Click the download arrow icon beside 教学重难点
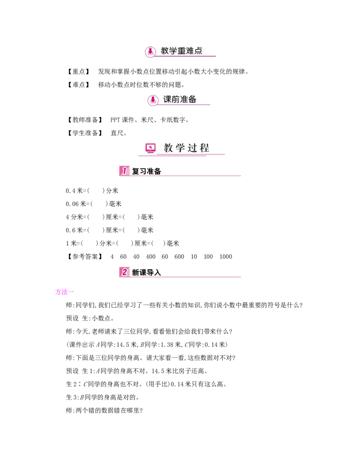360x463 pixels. coord(151,52)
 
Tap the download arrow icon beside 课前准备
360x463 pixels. coord(153,100)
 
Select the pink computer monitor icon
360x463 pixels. coord(150,148)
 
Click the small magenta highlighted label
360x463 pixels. coord(64,292)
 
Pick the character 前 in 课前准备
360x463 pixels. coord(175,99)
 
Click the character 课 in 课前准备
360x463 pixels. coord(167,99)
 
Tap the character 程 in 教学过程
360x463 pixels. coord(205,148)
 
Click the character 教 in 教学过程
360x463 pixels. coord(168,148)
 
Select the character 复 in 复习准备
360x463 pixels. coord(135,172)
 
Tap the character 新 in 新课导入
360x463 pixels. coord(135,272)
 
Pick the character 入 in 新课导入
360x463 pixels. coord(157,272)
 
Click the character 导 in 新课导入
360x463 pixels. coord(150,272)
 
